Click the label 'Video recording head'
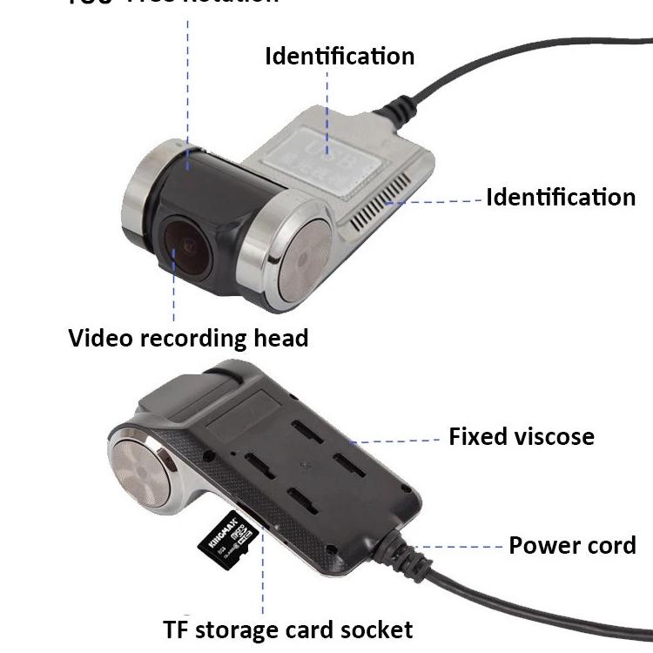pos(188,337)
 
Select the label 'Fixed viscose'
pos(521,436)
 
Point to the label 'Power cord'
pos(572,546)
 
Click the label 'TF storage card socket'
pos(287,629)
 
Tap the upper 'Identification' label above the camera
pos(340,57)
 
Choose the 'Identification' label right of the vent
pos(560,197)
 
